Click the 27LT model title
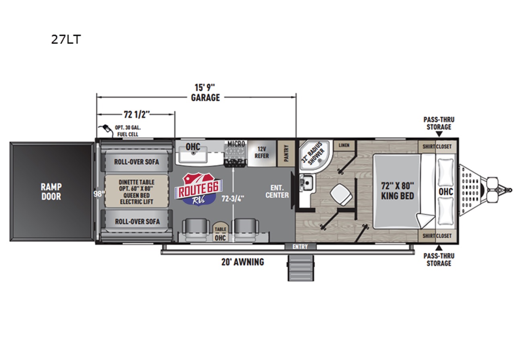point(66,39)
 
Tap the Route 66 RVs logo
point(198,189)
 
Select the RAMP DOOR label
point(51,192)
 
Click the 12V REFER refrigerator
point(262,153)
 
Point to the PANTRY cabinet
point(286,153)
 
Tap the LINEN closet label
point(344,145)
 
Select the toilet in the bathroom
point(341,195)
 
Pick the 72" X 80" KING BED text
point(398,190)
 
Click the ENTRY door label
point(300,247)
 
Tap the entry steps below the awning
point(301,268)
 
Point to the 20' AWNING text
point(243,262)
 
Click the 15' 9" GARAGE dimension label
point(205,92)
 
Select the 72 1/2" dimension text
point(137,115)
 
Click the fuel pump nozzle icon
point(106,129)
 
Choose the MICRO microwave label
point(236,144)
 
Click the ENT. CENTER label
point(277,192)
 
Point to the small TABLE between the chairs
point(220,231)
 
